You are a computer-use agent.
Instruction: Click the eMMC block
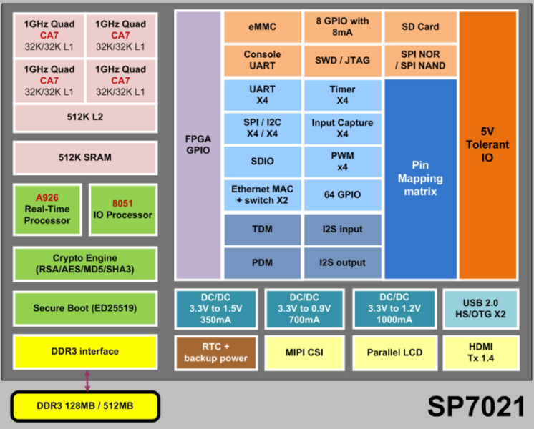(x=262, y=27)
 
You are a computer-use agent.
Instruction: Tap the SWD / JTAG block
(x=341, y=60)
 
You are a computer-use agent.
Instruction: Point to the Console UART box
(x=262, y=60)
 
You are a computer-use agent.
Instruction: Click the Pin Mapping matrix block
(x=420, y=178)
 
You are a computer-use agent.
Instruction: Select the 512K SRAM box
(x=84, y=158)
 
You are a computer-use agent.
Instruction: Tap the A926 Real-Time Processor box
(x=48, y=209)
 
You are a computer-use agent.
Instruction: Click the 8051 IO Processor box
(x=122, y=209)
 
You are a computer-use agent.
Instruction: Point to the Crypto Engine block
(x=84, y=264)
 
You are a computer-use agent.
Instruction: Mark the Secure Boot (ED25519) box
(x=84, y=309)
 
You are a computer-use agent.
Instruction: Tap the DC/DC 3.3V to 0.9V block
(x=304, y=309)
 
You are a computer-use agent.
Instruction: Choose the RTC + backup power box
(x=216, y=352)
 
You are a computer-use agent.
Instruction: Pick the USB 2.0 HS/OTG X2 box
(x=480, y=309)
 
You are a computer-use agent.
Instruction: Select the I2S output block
(x=341, y=262)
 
